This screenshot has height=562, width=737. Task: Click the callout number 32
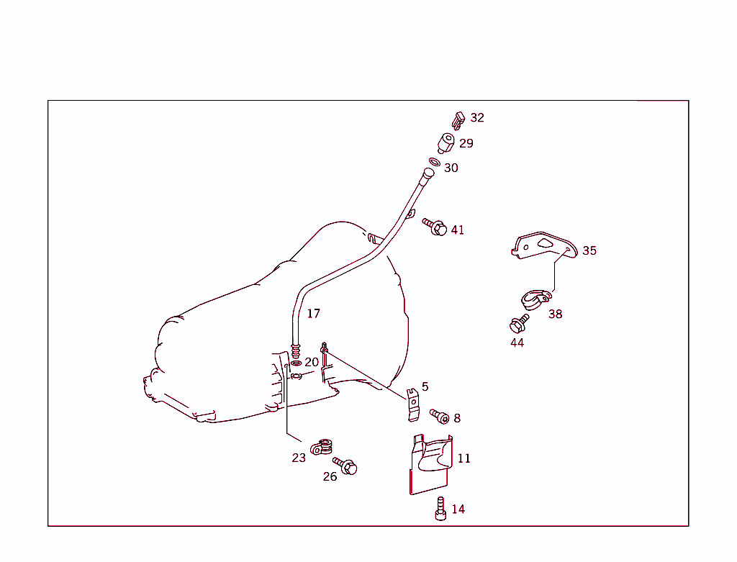tap(477, 118)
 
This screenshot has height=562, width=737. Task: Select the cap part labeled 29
tap(446, 142)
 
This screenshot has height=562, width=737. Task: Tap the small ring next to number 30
tap(435, 163)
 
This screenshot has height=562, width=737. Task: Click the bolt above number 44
tap(519, 323)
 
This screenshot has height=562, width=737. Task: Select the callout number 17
tap(313, 314)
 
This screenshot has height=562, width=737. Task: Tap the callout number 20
tap(312, 362)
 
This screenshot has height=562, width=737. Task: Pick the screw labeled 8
tap(439, 417)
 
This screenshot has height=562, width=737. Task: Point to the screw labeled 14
tap(440, 509)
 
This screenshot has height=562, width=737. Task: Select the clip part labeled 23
tap(323, 448)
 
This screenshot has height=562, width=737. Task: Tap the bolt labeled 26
tap(345, 466)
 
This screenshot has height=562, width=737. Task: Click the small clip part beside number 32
tap(458, 119)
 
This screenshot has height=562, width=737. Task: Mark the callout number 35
tap(589, 250)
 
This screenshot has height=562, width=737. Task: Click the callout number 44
tap(517, 343)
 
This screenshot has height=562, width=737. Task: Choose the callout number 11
tap(464, 458)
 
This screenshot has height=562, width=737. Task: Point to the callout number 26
tap(330, 476)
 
